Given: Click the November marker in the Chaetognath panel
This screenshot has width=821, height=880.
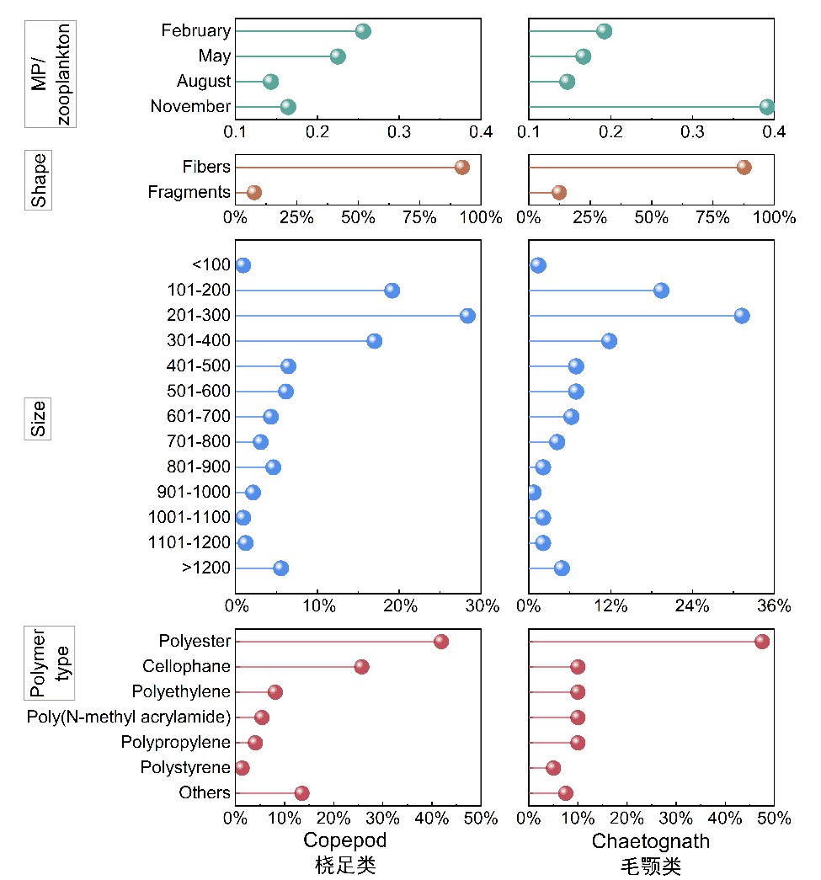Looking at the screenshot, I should pyautogui.click(x=766, y=107).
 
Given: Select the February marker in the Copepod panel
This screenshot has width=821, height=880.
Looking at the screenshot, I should pyautogui.click(x=363, y=31).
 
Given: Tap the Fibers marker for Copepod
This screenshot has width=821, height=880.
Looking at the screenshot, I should pyautogui.click(x=461, y=167).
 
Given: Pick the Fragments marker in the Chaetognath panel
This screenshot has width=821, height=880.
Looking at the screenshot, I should pyautogui.click(x=558, y=192).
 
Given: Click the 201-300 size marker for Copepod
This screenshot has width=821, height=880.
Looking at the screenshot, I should pyautogui.click(x=467, y=316).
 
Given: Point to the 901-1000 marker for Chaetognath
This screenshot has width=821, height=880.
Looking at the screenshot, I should pyautogui.click(x=533, y=493).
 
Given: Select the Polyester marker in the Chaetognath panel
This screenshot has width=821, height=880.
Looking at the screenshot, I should pyautogui.click(x=762, y=642).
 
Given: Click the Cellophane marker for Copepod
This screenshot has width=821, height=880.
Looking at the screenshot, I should pyautogui.click(x=361, y=667).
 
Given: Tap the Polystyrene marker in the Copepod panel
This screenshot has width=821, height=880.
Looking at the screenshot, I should pyautogui.click(x=242, y=768).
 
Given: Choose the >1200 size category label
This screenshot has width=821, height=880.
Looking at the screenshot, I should pyautogui.click(x=205, y=568).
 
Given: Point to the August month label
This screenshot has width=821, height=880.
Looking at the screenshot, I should pyautogui.click(x=203, y=82).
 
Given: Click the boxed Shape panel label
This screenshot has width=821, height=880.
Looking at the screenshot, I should pyautogui.click(x=39, y=179).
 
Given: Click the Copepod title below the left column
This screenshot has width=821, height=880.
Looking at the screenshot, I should pyautogui.click(x=344, y=840).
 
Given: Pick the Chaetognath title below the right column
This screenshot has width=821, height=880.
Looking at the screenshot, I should pyautogui.click(x=650, y=840).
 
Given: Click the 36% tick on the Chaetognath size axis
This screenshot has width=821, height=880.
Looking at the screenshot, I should pyautogui.click(x=774, y=605).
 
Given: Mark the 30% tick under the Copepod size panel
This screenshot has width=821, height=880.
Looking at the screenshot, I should pyautogui.click(x=482, y=605).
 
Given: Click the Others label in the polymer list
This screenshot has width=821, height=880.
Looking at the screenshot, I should pyautogui.click(x=204, y=793).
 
